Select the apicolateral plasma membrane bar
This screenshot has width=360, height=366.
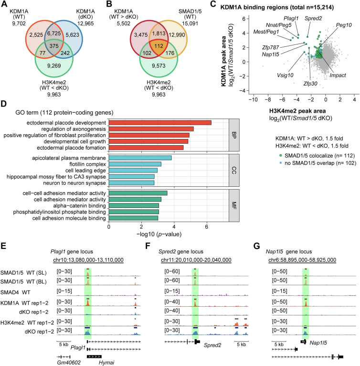pyautogui.click(x=140, y=158)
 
